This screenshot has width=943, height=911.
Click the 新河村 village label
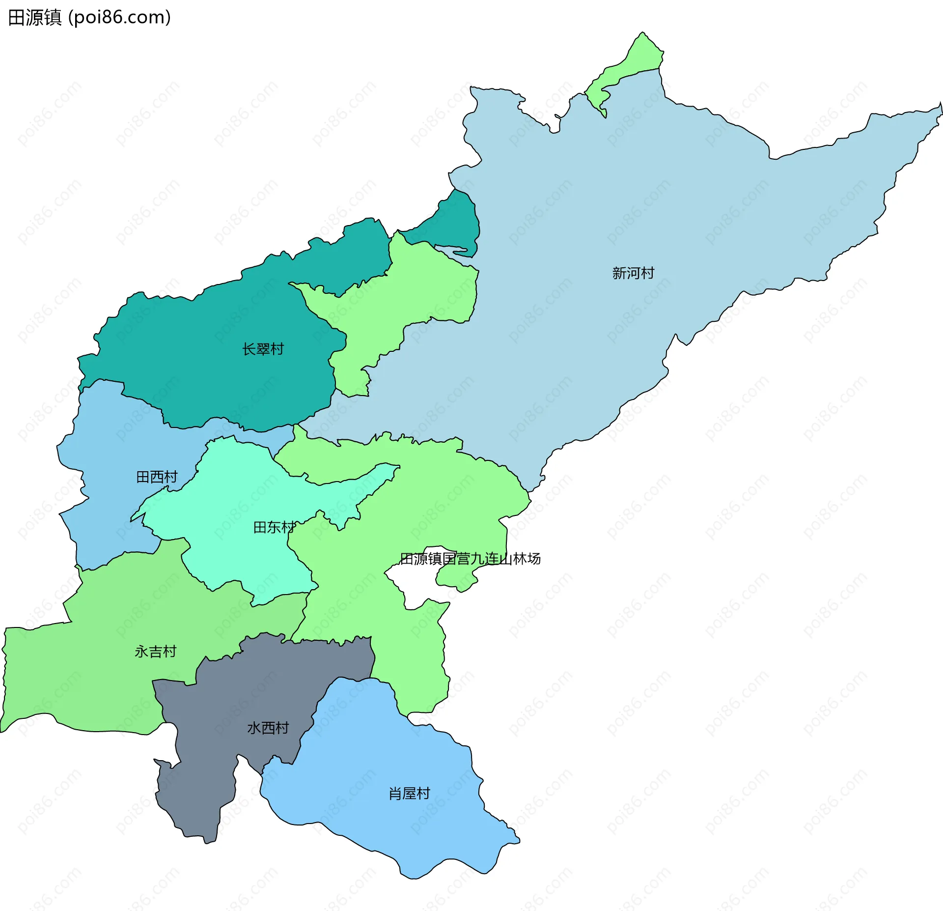coord(633,273)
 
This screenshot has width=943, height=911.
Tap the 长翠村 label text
coord(263,349)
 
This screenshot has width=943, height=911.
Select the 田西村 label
coord(157,477)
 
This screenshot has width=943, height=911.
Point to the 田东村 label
coord(274,528)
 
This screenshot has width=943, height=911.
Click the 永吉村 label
coord(155,652)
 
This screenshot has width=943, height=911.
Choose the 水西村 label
coord(268,728)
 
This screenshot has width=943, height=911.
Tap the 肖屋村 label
coord(409,794)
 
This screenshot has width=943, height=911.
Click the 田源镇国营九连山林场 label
coord(470,559)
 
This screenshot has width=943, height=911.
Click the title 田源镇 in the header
coord(35,18)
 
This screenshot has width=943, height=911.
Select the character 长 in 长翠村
coord(249,349)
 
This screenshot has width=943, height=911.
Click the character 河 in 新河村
coord(633,273)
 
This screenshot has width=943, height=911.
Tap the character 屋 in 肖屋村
coord(409,794)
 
